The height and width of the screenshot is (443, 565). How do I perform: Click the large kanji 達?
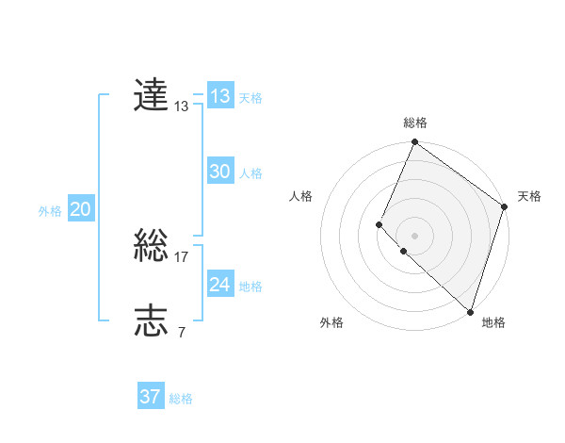152,95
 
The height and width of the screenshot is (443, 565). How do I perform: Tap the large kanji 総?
152,247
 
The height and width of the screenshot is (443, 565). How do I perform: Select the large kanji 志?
152,321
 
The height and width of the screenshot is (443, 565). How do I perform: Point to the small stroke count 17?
182,257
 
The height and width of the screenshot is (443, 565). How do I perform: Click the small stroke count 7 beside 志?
182,333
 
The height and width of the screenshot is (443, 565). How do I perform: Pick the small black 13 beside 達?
182,107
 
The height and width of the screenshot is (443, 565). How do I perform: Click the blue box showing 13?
220,96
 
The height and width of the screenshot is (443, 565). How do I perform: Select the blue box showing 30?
220,172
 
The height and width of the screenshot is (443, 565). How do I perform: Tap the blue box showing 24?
220,285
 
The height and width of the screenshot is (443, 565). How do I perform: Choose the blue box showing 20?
81,209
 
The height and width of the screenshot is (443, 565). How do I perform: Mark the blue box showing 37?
151,397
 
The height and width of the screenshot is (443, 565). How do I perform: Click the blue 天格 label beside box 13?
250,98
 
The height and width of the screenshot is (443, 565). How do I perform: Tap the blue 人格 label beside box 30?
250,173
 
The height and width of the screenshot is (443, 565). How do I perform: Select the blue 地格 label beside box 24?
250,287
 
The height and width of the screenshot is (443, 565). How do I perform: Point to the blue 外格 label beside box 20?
50,211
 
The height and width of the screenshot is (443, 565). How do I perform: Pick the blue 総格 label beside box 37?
181,399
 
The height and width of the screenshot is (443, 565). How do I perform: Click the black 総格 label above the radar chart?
415,123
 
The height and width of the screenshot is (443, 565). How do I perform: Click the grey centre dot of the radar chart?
414,236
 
